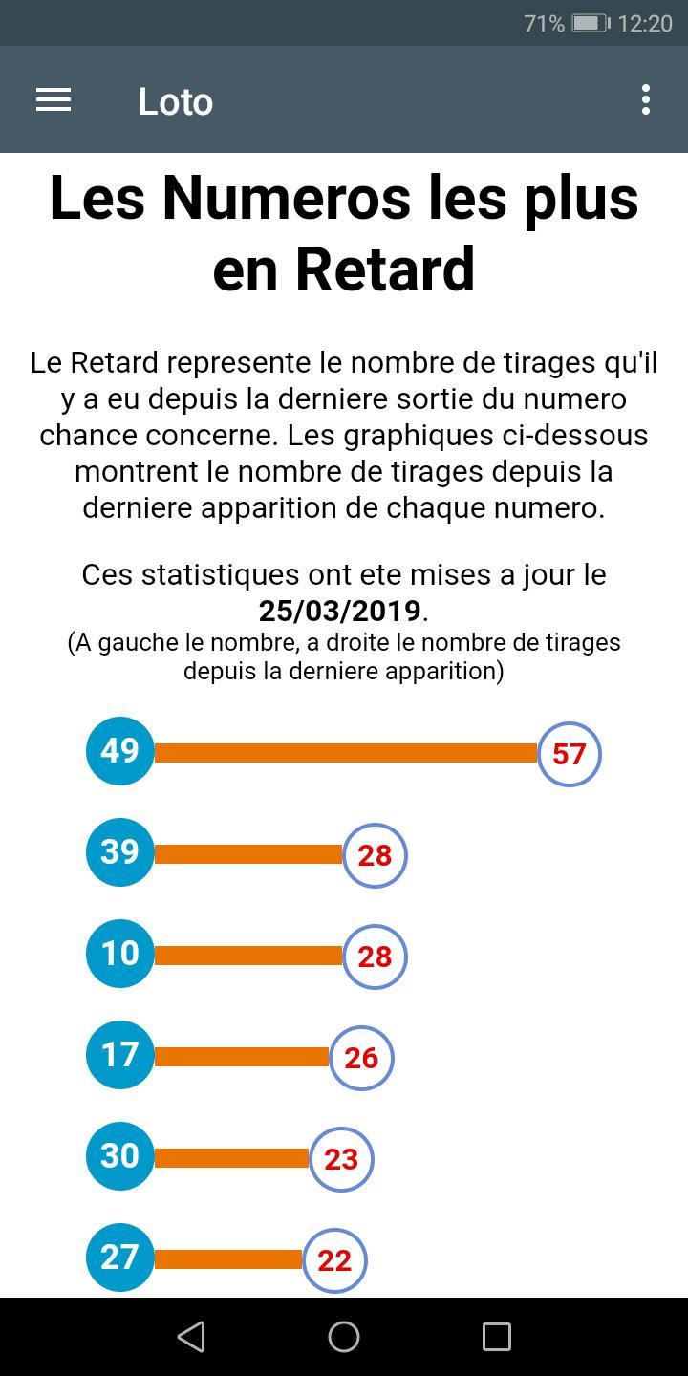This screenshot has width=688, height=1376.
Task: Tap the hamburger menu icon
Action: [54, 100]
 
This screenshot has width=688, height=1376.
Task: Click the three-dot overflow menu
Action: [646, 100]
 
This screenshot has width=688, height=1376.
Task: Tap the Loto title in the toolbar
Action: [175, 101]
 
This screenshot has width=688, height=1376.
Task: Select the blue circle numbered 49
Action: [120, 751]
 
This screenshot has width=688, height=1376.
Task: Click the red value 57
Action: [569, 754]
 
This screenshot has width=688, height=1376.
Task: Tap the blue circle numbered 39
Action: [120, 852]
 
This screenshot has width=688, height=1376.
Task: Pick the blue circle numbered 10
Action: [120, 954]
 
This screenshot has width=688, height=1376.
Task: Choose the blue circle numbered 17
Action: [120, 1055]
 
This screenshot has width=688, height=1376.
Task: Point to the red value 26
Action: [361, 1058]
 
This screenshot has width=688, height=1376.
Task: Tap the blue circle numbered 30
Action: [120, 1156]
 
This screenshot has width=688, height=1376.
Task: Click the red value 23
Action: [341, 1159]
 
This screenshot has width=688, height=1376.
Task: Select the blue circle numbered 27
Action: [120, 1258]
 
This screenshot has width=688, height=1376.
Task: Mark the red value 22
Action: [334, 1260]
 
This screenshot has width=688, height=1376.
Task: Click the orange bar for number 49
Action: [344, 753]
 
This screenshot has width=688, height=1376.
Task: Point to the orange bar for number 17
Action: [241, 1057]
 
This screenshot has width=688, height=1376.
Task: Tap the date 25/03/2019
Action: [339, 611]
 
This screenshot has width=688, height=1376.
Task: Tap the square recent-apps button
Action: [497, 1336]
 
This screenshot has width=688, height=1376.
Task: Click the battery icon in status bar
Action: [590, 23]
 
